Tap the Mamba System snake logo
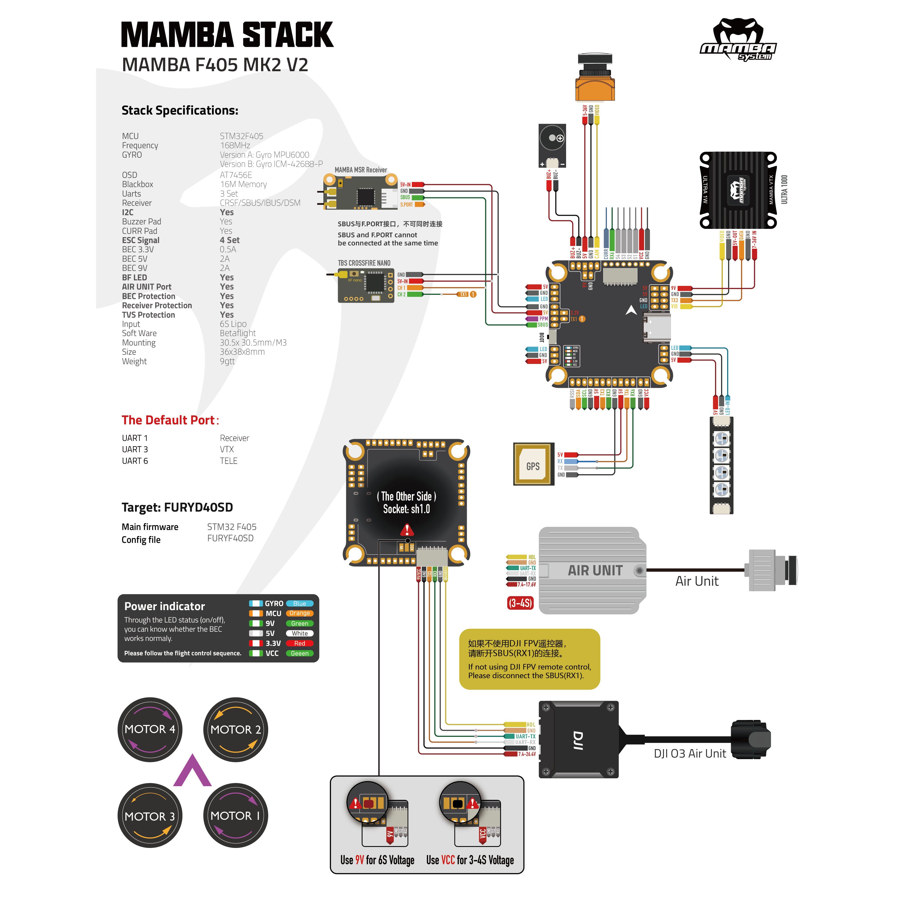point(738,40)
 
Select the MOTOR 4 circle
point(149,729)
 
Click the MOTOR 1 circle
point(235,815)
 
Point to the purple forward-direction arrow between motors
point(192,771)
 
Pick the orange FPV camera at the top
point(595,80)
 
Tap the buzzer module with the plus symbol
point(552,146)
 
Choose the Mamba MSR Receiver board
point(360,192)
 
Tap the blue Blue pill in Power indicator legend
point(299,603)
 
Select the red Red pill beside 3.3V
point(299,643)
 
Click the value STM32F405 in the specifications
point(241,136)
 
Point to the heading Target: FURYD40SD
point(177,507)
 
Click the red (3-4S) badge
point(520,603)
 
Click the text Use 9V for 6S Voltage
point(377,860)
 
